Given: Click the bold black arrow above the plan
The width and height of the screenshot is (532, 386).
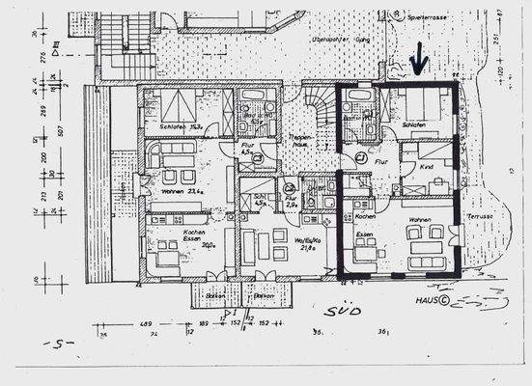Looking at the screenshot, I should point(418,64).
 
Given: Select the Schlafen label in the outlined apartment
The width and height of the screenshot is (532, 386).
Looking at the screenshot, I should point(414,125).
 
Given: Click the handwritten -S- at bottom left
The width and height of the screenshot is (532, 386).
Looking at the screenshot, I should point(61,343).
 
